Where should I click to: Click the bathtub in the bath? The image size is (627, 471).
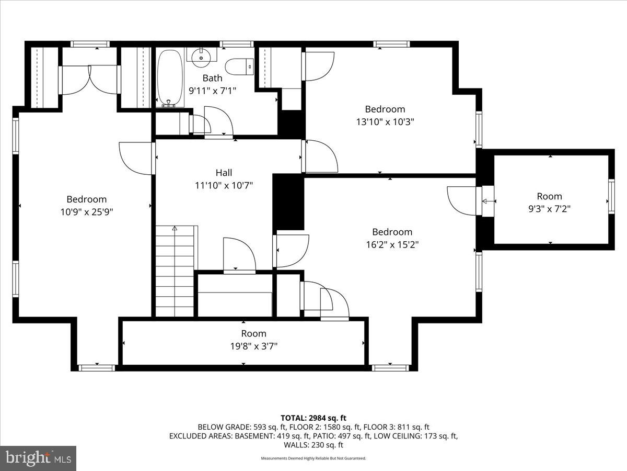[x=170, y=77]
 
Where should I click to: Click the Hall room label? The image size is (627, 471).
[x=224, y=173]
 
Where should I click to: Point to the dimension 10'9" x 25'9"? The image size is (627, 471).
[x=87, y=212]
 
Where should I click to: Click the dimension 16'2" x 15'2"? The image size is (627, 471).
[x=392, y=244]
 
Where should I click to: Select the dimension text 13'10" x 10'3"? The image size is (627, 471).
[x=385, y=121]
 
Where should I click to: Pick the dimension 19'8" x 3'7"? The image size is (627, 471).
[x=253, y=346]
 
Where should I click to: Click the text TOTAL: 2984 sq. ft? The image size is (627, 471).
[x=313, y=418]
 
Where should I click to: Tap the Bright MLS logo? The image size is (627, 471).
[x=38, y=458]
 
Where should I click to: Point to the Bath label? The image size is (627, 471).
[x=212, y=78]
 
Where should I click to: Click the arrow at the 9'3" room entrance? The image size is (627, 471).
[x=488, y=201]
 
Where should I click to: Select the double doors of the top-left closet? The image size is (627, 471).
[x=89, y=80]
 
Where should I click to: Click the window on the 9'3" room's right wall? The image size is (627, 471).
[x=611, y=196]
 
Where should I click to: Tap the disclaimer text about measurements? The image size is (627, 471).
[x=313, y=458]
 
